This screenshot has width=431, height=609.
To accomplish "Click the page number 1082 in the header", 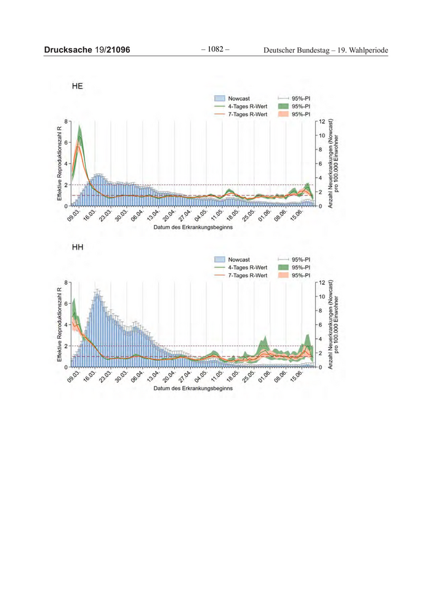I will coord(215,49).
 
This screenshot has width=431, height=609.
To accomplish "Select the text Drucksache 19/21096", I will coord(87,50).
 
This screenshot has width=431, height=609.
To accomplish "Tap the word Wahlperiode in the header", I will coord(368,50).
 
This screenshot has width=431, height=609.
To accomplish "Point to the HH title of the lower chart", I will coord(78,248).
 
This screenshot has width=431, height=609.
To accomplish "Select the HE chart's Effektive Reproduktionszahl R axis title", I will coord(59,164).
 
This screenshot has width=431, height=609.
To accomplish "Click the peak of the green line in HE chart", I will coord(79,136).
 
